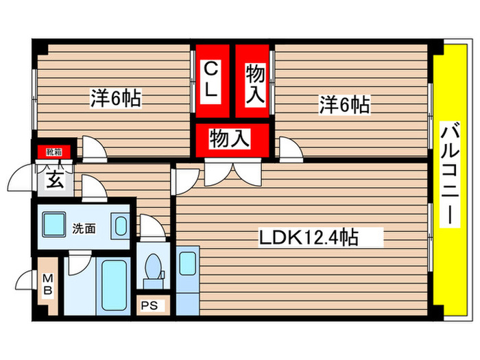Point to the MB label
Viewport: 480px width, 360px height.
[x=48, y=285]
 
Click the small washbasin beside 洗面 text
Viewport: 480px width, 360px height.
[x=119, y=226]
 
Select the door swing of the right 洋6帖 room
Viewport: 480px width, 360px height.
[x=288, y=147]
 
